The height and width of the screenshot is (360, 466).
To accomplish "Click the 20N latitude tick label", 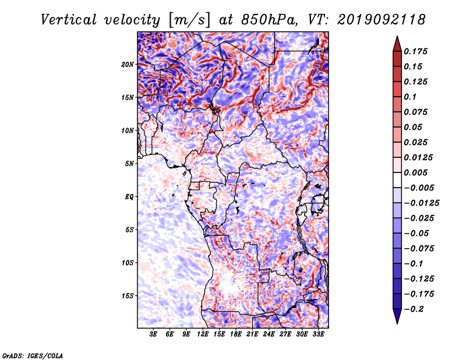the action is (x=128, y=65).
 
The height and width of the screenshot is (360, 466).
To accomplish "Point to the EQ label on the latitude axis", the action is (x=129, y=197).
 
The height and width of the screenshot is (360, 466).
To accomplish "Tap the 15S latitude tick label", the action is (x=128, y=296).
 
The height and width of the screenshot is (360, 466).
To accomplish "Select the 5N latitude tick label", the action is (x=129, y=164).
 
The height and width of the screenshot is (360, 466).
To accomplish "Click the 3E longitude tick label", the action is (x=153, y=334).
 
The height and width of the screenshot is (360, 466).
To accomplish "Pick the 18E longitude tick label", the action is (x=235, y=334).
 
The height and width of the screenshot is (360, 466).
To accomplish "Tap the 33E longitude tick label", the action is (x=318, y=334).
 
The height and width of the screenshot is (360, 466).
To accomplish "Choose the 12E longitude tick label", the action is (x=202, y=334).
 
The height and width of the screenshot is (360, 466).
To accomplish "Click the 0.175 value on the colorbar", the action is (x=415, y=51).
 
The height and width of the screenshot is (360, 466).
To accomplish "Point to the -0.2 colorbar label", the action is (x=414, y=309).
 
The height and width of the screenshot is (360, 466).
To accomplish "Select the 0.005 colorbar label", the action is (x=415, y=172).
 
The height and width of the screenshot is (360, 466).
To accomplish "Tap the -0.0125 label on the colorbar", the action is (x=421, y=203).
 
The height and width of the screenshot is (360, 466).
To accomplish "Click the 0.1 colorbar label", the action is (x=410, y=97).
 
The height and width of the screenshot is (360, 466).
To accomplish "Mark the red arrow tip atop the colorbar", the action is (x=397, y=37).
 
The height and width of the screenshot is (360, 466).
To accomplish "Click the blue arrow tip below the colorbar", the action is (x=397, y=323).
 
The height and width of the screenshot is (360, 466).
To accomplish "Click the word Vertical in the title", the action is (x=69, y=20).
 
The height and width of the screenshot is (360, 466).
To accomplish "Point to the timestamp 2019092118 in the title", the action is (x=382, y=20).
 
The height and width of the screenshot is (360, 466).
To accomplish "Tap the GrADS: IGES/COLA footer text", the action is (x=33, y=356).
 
